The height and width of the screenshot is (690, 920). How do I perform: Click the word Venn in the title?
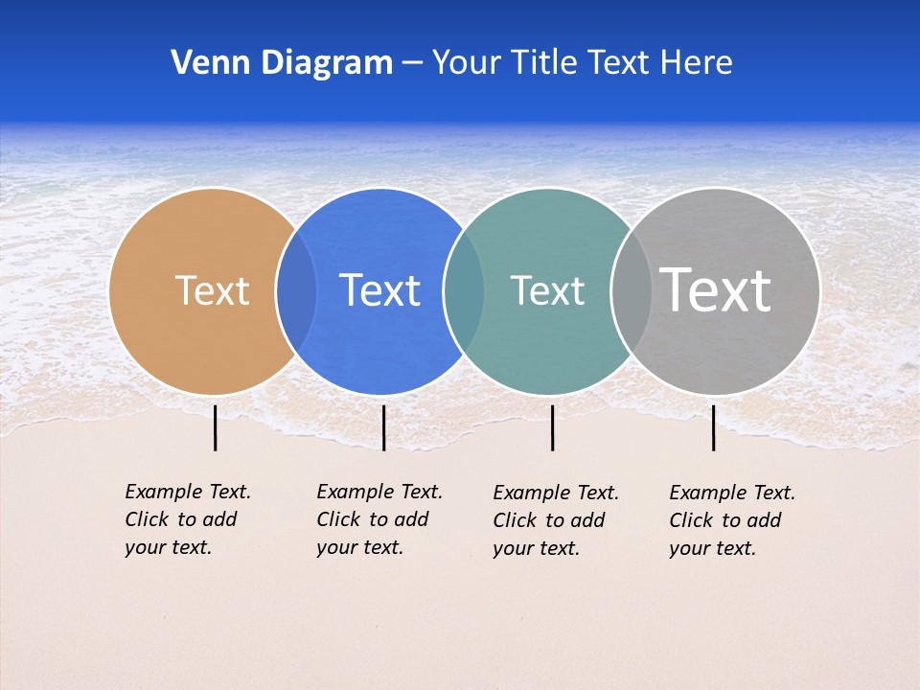[x=203, y=62]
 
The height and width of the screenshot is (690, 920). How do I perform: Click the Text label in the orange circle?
[x=212, y=290]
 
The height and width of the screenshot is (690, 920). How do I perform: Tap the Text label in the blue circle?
[x=379, y=290]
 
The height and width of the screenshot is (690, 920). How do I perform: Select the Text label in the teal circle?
[x=547, y=290]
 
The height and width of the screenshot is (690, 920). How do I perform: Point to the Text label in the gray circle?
[x=715, y=289]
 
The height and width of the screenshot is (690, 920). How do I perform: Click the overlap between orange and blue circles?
[x=296, y=290]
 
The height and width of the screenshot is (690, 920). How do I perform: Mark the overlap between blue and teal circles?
[x=464, y=290]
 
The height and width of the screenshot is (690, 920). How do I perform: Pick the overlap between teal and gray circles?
[x=632, y=290]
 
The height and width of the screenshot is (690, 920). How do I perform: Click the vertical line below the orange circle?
[x=216, y=427]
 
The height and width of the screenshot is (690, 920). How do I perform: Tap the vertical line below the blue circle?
[x=383, y=427]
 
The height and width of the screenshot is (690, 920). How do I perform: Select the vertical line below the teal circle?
[x=552, y=427]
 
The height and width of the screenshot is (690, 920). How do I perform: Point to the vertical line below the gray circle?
[x=713, y=427]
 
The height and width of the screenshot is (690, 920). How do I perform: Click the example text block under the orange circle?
[x=187, y=519]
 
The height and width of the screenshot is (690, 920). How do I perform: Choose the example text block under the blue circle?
[x=379, y=519]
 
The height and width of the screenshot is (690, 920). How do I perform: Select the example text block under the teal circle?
[x=555, y=520]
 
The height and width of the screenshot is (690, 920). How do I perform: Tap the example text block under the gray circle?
[x=731, y=520]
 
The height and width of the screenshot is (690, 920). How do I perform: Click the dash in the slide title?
[x=412, y=63]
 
